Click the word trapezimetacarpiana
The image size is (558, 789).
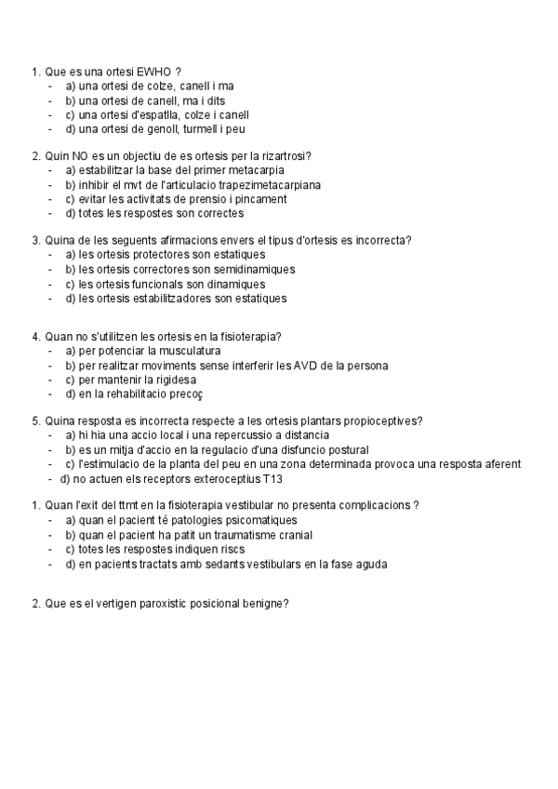tap(267, 185)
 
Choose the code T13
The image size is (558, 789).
tap(271, 480)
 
